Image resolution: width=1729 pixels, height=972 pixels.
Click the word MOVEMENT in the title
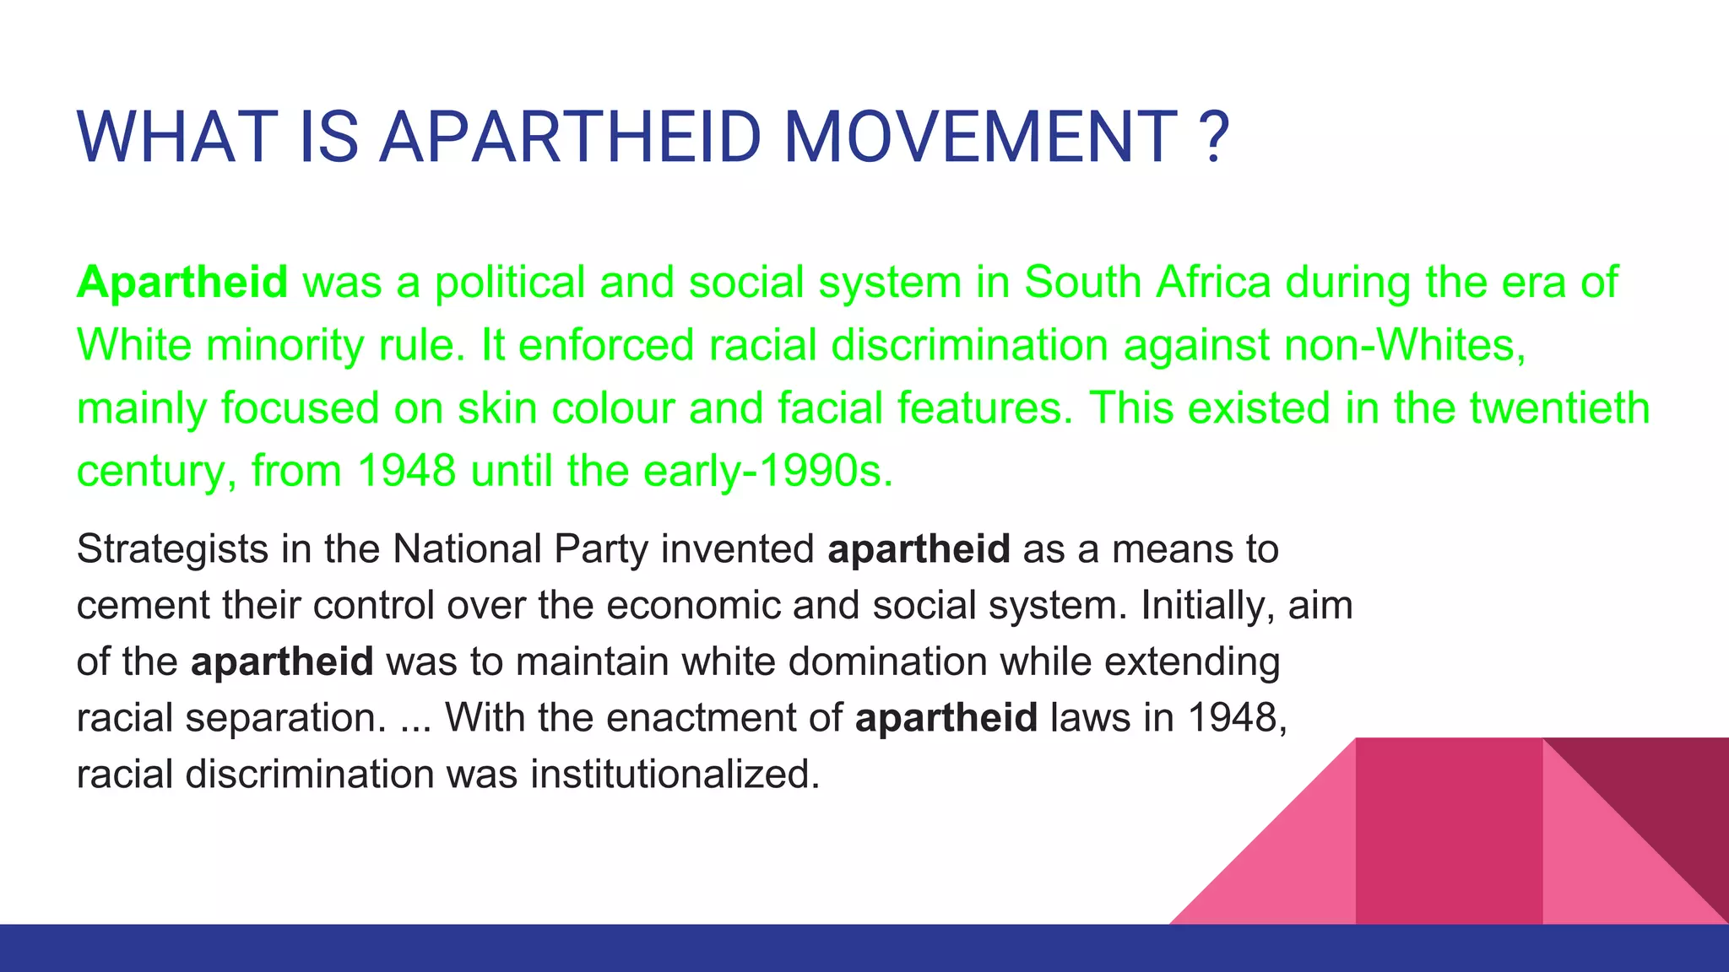pyautogui.click(x=980, y=138)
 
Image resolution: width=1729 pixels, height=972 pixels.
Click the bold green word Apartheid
pyautogui.click(x=182, y=282)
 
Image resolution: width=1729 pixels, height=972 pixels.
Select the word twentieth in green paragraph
pyautogui.click(x=1559, y=408)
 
